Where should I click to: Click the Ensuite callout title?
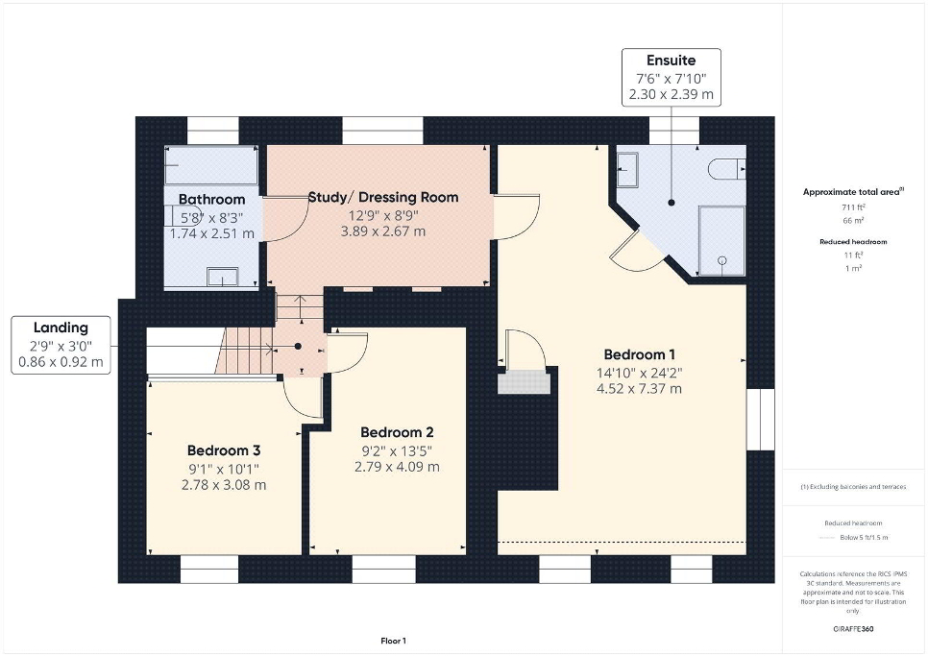click(672, 61)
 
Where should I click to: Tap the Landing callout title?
click(61, 328)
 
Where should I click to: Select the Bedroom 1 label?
click(639, 354)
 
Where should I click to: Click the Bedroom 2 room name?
click(397, 432)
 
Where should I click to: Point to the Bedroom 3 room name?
click(224, 450)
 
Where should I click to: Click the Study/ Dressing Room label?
click(383, 198)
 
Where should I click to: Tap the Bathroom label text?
click(212, 200)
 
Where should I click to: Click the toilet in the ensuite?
click(727, 169)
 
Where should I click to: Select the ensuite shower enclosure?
click(721, 241)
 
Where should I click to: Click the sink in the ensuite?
click(627, 170)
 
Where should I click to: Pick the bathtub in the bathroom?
click(211, 165)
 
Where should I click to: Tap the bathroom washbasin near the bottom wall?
click(223, 277)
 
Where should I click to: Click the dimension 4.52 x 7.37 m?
click(639, 389)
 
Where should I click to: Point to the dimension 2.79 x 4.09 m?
click(397, 467)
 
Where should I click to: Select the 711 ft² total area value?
click(853, 207)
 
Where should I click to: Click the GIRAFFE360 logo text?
click(853, 629)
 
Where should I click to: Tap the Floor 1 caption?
click(394, 641)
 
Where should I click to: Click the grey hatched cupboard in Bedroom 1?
click(524, 382)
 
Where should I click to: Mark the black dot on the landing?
click(298, 347)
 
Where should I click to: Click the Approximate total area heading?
click(853, 192)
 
